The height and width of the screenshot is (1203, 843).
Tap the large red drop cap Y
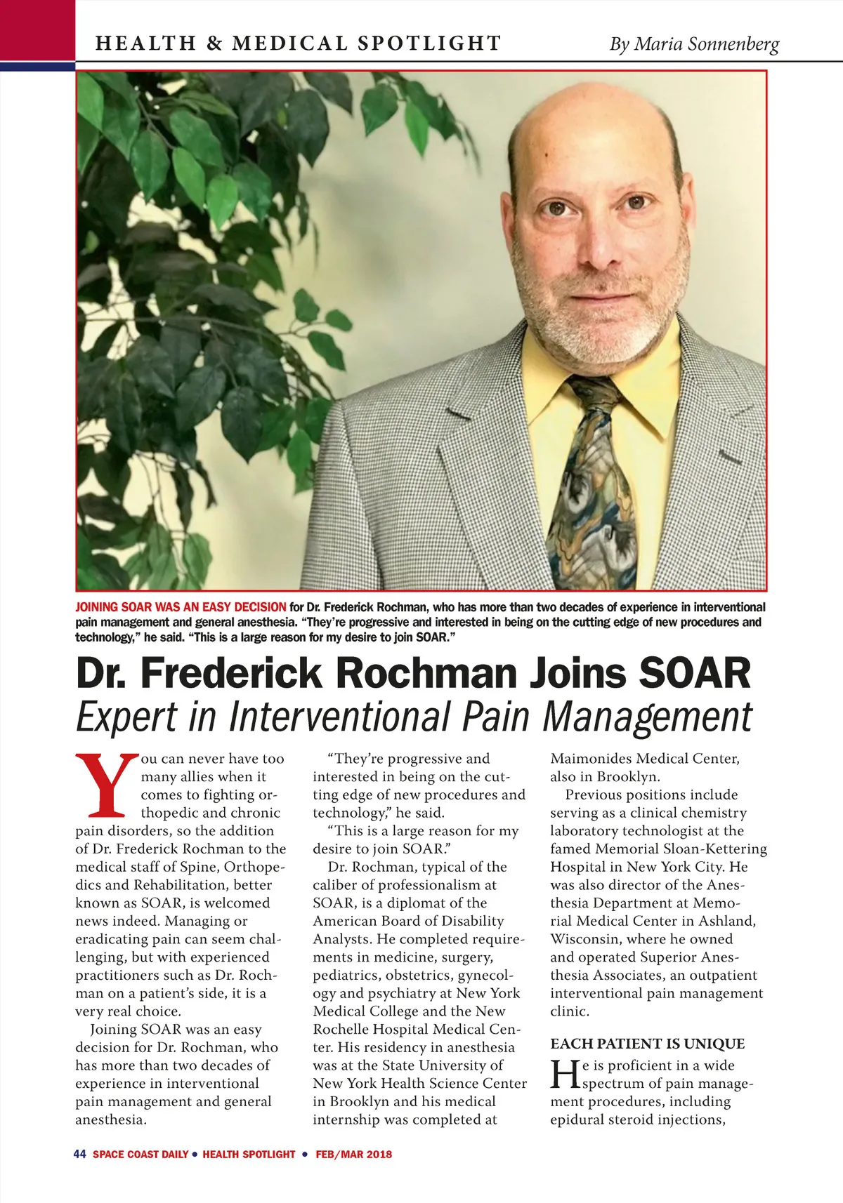pos(106,785)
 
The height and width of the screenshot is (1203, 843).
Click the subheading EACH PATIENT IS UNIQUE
pos(647,1044)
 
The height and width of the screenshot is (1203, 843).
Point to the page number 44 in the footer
pos(79,1154)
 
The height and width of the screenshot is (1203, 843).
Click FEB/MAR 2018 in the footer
pos(353,1154)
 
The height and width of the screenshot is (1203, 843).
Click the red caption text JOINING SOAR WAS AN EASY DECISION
pos(181,607)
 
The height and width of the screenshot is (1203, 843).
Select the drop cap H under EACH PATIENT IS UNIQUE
pos(564,1074)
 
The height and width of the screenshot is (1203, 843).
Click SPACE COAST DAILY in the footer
pos(140,1154)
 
